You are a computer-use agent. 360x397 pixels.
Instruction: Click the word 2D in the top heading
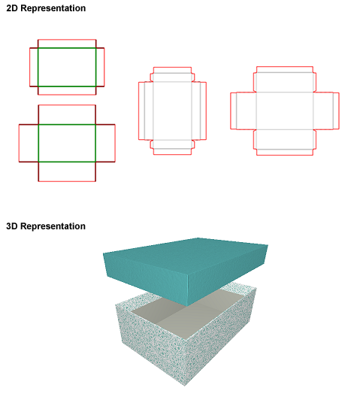click(12, 8)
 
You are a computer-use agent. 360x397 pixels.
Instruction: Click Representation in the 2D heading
click(53, 8)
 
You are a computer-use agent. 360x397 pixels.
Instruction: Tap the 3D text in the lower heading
click(12, 226)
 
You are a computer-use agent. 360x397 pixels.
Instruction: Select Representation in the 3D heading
click(53, 226)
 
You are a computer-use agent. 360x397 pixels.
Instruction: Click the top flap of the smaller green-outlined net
click(67, 44)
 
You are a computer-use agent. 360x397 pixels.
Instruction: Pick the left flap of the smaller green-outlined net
click(34, 67)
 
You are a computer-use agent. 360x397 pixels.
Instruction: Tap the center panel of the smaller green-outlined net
click(67, 67)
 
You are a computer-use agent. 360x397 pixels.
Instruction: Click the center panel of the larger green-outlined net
click(67, 143)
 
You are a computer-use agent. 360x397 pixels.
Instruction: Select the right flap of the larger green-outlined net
click(105, 143)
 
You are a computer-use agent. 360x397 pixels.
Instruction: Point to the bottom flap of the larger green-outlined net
click(67, 171)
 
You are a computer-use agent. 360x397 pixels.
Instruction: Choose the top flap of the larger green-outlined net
click(67, 115)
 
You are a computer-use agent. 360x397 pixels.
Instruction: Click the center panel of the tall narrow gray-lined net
click(172, 111)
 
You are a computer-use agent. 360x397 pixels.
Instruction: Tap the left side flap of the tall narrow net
click(146, 111)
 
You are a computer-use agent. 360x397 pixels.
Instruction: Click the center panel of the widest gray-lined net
click(285, 111)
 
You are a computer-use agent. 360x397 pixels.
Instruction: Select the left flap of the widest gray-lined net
click(243, 111)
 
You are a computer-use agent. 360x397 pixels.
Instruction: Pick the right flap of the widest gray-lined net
click(326, 111)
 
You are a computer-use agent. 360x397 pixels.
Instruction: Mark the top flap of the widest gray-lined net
click(285, 79)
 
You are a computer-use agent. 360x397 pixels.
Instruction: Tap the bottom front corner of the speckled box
click(184, 386)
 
